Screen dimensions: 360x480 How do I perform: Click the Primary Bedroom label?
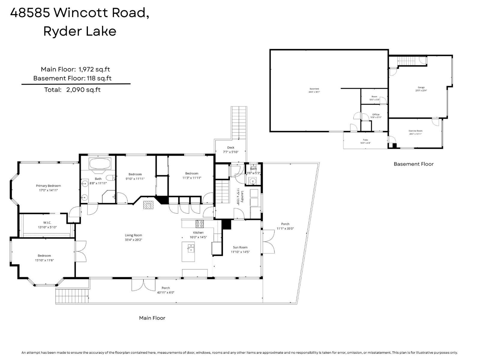48,186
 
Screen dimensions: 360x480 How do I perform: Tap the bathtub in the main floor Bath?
100,164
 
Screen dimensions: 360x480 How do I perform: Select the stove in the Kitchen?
199,224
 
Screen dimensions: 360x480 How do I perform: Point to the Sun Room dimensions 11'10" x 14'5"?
240,252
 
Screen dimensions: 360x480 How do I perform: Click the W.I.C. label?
47,223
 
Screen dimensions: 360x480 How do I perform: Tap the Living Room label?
133,235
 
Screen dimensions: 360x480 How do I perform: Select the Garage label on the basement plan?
421,87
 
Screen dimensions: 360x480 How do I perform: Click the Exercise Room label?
415,131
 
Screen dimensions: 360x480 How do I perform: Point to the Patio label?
365,140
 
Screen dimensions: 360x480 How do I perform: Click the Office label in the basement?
376,114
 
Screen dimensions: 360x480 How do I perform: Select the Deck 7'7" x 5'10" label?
230,150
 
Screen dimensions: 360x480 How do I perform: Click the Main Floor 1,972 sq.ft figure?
94,69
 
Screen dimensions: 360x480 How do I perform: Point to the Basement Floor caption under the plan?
413,164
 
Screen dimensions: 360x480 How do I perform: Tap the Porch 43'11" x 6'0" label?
166,290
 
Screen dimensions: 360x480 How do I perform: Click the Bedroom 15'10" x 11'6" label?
44,258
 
